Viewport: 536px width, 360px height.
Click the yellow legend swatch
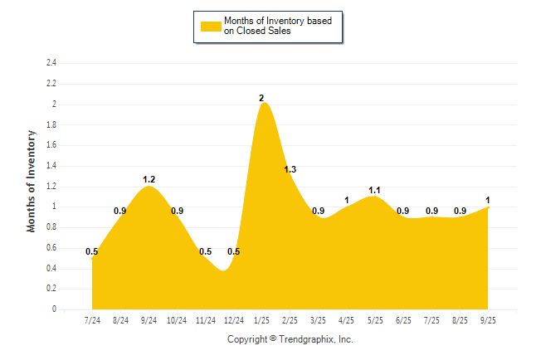point(211,27)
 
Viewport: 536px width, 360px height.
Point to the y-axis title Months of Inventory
point(32,180)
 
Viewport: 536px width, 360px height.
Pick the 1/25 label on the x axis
point(261,320)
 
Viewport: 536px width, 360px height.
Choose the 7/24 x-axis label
point(92,320)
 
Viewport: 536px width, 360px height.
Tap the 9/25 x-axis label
point(488,320)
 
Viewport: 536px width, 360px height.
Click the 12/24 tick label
point(233,320)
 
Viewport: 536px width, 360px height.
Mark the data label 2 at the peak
point(261,99)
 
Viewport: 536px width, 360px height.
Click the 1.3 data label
point(290,170)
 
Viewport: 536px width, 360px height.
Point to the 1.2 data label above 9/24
point(149,179)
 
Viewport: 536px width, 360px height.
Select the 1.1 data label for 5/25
point(375,190)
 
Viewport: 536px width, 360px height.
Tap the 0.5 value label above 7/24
point(92,252)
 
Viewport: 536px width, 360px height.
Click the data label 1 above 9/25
point(488,200)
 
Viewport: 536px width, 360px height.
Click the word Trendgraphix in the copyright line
point(308,339)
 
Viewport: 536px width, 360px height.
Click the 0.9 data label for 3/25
point(319,211)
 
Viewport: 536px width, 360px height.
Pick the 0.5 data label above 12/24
point(234,252)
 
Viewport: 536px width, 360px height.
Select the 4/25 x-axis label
point(347,320)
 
